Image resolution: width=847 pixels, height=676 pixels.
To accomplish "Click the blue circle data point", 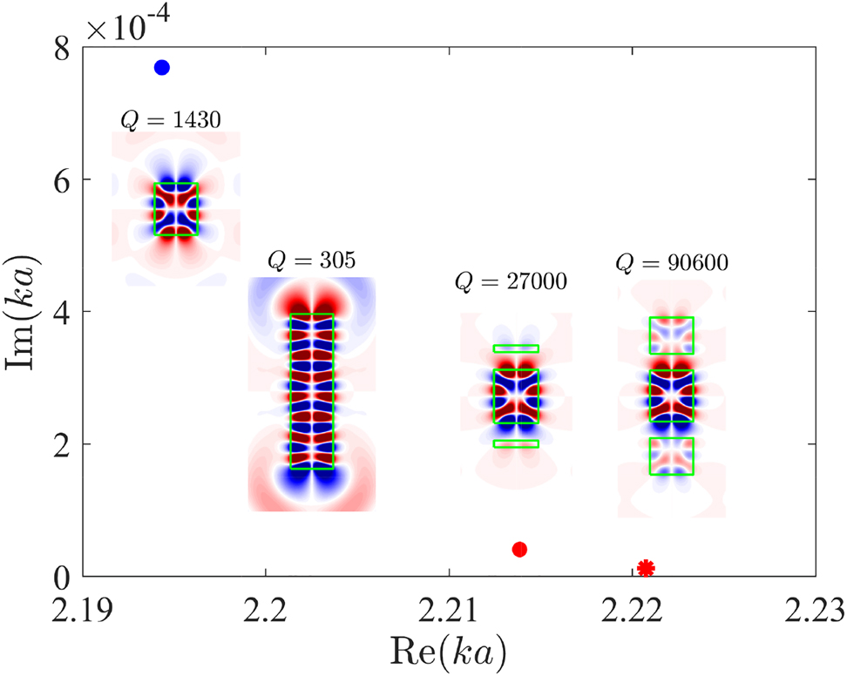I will coord(161,68).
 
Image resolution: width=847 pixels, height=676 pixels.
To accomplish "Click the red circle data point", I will coord(520,549).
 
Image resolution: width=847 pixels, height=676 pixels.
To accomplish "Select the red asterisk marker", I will coord(646,568).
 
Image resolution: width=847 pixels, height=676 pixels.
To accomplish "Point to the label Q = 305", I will coord(312,260).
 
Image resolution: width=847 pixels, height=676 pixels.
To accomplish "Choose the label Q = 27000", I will coord(512,281).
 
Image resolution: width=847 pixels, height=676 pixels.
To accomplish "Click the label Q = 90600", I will coord(672,261).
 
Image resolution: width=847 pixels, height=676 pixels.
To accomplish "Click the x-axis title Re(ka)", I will coord(451,649).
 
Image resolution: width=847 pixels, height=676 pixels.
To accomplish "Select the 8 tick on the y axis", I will coord(64,48).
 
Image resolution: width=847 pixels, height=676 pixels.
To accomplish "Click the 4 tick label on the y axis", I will coord(64,312).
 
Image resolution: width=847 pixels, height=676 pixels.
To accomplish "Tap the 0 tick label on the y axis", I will coord(64,576).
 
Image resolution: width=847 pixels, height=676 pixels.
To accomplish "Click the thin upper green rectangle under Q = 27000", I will coord(516,348).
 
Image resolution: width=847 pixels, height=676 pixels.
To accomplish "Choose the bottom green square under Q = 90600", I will coord(671,456).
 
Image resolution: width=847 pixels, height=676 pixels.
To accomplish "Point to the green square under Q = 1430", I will coord(176,209).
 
